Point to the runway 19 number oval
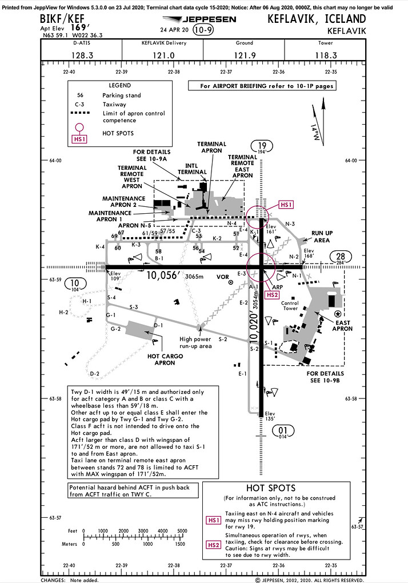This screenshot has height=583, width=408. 262,147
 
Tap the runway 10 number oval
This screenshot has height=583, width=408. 75,284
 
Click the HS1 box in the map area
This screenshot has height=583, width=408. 285,204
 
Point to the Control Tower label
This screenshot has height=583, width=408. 290,306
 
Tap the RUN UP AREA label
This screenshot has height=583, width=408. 326,236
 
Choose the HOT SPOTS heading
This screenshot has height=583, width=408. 271,488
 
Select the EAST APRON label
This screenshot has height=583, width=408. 342,325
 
